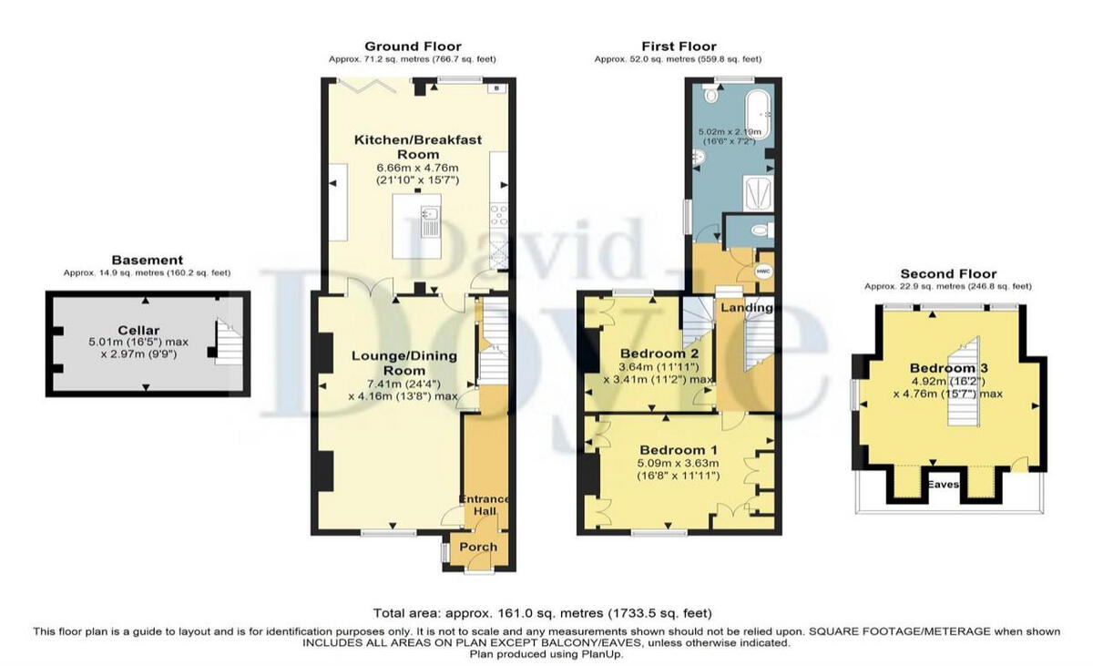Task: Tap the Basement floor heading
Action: tap(147, 260)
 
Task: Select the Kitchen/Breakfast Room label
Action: tap(417, 147)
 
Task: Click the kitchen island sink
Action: tap(428, 219)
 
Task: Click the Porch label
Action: tap(478, 547)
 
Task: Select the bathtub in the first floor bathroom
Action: tap(758, 114)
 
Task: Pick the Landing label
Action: tap(747, 308)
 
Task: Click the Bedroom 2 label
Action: tap(659, 353)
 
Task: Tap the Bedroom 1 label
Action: tap(672, 450)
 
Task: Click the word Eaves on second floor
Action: tap(944, 485)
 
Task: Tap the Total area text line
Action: tap(543, 613)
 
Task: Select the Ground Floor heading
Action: tap(413, 46)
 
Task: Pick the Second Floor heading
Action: tap(948, 273)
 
